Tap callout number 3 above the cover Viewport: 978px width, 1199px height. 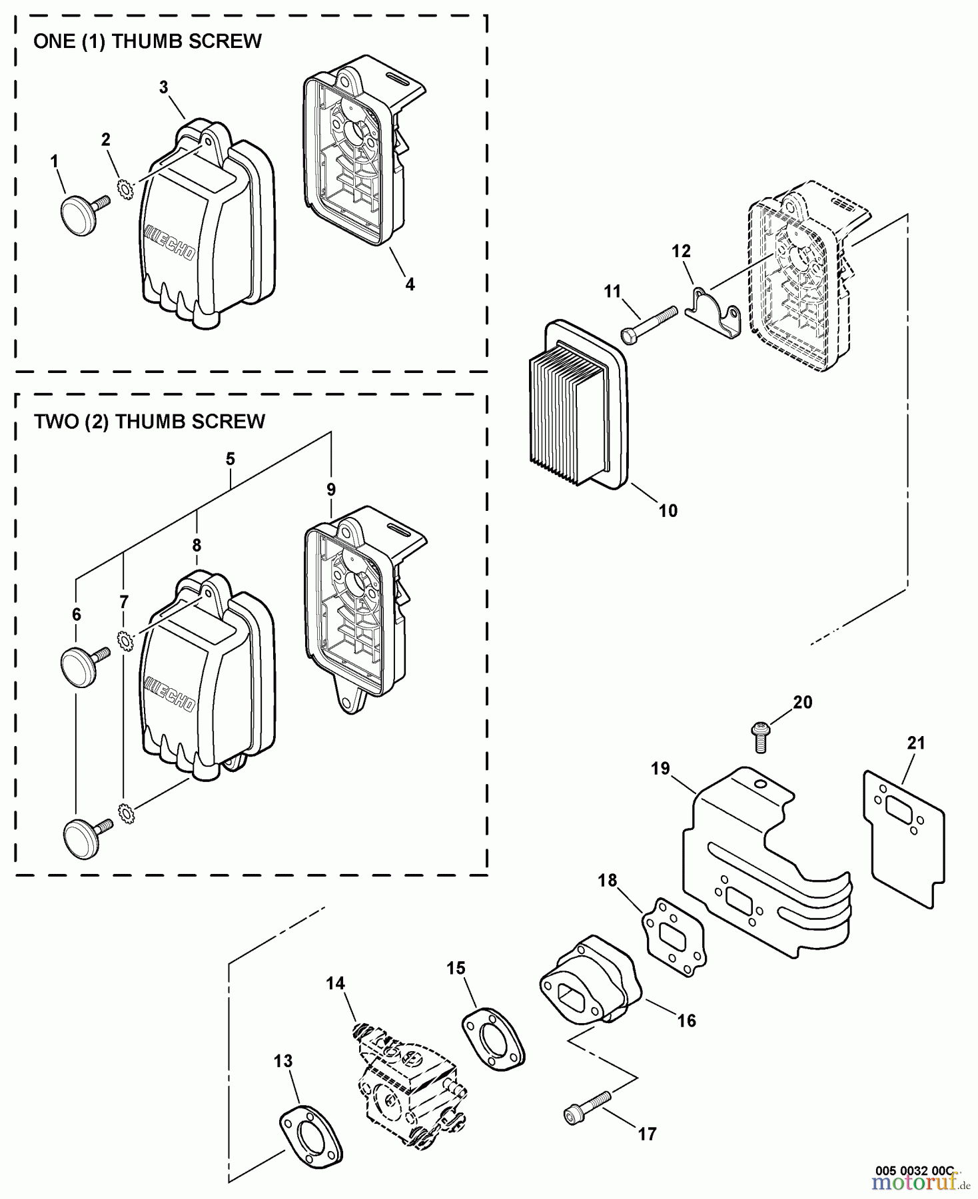[164, 87]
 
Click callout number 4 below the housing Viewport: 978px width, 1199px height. [410, 284]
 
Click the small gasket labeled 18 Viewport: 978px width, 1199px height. [674, 936]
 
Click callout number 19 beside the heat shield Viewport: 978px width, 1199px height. [660, 769]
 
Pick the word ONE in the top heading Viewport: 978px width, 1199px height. [53, 41]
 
